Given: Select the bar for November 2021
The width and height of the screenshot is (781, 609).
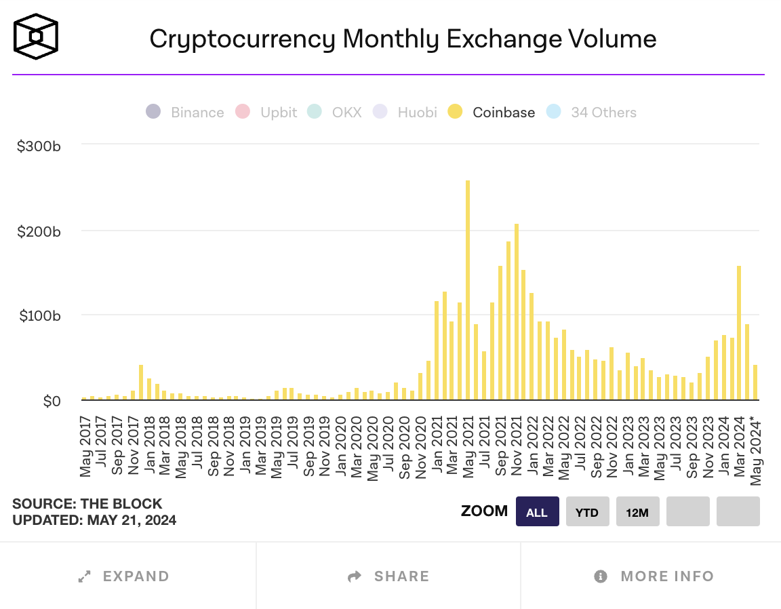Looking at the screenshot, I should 516,311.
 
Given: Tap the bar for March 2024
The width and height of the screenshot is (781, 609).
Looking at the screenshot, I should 738,332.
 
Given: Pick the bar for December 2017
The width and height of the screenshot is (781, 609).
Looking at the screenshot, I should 141,382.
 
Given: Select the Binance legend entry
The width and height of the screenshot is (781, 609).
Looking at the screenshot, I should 185,113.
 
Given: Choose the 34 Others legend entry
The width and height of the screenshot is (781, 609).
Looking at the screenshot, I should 591,113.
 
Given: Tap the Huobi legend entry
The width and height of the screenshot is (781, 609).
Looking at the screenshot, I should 405,113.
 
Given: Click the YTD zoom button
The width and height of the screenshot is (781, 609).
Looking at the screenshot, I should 587,512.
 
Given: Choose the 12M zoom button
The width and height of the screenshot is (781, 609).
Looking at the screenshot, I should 637,512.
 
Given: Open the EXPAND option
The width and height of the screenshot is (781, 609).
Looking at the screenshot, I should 124,576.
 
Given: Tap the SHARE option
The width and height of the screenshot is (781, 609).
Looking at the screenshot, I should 388,576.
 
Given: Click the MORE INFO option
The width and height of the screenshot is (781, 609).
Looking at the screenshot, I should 654,576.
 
